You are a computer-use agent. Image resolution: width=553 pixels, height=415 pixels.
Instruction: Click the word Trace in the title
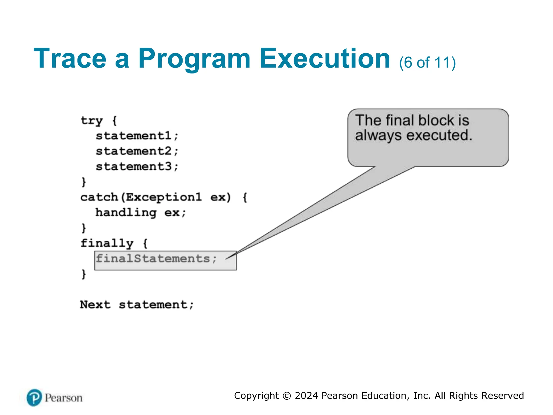[70, 59]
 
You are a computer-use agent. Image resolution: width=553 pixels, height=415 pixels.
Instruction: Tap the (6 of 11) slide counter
[427, 63]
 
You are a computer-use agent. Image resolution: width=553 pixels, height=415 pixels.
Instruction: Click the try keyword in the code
[92, 121]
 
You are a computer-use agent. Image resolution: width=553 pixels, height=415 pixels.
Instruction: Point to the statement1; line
[137, 136]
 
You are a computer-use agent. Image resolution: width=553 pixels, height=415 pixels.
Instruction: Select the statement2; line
[137, 151]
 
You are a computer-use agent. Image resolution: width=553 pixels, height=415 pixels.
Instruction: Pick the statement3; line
[137, 166]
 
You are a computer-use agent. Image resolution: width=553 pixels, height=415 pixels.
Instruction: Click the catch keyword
[99, 197]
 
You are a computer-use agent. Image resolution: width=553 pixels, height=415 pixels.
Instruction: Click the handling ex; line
[141, 213]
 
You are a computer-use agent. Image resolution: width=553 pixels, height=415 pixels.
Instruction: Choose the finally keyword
[107, 243]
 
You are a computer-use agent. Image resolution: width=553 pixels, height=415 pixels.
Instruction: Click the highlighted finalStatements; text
[156, 259]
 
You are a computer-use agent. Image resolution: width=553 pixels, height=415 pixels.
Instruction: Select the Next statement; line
[137, 305]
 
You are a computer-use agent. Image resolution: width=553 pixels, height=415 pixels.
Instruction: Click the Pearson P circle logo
[34, 397]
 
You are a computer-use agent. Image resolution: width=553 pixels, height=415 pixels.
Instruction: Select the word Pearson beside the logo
[63, 398]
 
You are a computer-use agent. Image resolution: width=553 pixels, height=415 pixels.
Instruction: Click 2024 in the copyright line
[306, 396]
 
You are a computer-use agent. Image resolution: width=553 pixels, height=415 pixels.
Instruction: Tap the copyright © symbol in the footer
[286, 396]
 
